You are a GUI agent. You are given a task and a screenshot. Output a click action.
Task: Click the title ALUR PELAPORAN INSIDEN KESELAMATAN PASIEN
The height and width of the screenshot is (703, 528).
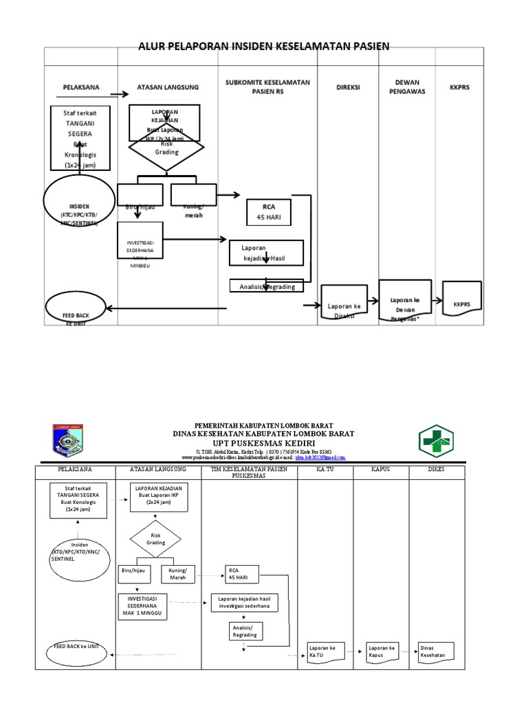click(x=264, y=47)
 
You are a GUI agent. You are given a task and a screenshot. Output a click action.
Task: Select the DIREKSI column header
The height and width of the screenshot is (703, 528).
click(x=347, y=88)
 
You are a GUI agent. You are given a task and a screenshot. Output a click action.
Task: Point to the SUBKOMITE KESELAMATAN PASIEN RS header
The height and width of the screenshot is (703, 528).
click(x=267, y=87)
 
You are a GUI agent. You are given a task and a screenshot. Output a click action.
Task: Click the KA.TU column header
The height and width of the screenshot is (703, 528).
click(x=324, y=470)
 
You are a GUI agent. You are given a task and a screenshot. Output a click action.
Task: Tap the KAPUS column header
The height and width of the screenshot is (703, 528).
click(x=380, y=470)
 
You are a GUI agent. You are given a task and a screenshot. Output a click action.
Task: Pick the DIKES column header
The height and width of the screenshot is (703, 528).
click(x=437, y=470)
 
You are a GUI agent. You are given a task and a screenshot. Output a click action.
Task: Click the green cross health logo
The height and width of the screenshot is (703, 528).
click(x=437, y=441)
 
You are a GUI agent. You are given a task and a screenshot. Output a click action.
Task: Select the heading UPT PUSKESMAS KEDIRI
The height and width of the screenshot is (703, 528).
click(x=265, y=443)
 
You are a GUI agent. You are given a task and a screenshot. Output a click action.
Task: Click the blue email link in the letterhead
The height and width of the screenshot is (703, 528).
click(x=320, y=457)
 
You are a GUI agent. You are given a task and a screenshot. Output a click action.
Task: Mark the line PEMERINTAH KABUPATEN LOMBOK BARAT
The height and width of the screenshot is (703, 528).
click(x=265, y=426)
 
